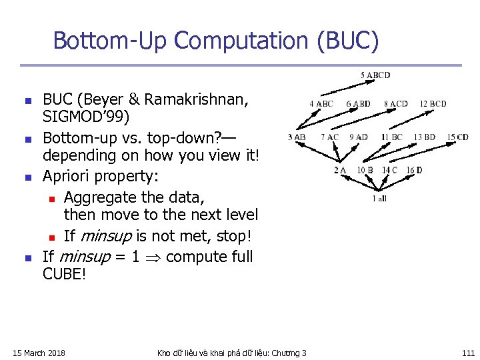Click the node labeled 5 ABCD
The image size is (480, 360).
tap(375, 75)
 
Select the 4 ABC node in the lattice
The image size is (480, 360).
tap(321, 104)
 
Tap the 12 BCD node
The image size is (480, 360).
tap(433, 104)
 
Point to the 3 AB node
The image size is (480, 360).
tap(297, 137)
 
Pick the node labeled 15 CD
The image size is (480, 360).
tap(457, 137)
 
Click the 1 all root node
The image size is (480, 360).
tap(379, 198)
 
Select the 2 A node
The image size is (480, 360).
tap(340, 171)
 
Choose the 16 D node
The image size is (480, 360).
tap(415, 171)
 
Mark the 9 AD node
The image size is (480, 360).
tap(358, 137)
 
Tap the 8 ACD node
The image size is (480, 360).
tap(395, 104)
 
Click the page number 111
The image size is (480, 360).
tap(467, 353)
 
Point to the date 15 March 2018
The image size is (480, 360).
tap(39, 353)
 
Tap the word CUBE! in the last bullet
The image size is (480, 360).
tap(65, 274)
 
